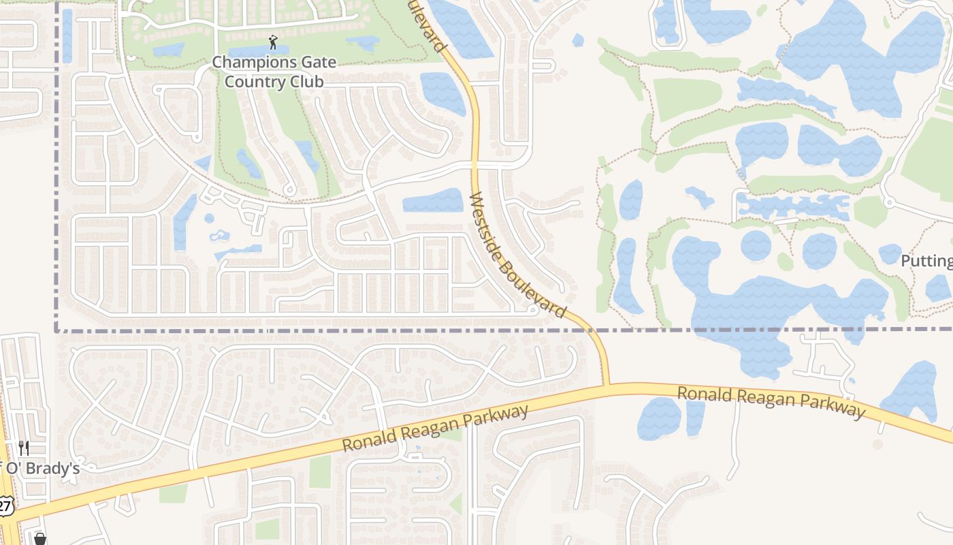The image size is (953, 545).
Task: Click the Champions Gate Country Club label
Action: click(x=274, y=72)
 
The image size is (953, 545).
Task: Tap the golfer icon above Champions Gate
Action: click(x=274, y=42)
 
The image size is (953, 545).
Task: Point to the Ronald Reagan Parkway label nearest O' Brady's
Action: click(x=436, y=429)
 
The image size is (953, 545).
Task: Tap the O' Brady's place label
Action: click(x=41, y=469)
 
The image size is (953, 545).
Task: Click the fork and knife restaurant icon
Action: click(x=24, y=448)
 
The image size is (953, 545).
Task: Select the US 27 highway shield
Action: click(x=5, y=505)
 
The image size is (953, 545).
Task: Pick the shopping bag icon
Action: click(x=39, y=540)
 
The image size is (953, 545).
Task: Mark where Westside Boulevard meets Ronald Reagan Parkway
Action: click(x=606, y=386)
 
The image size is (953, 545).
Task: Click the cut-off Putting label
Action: click(x=926, y=261)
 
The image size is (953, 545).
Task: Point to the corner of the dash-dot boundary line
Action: click(x=56, y=330)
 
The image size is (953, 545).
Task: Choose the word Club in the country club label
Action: click(x=304, y=82)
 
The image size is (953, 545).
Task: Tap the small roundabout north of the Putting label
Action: click(x=888, y=202)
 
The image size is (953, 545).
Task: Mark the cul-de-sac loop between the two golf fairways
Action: click(x=290, y=191)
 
